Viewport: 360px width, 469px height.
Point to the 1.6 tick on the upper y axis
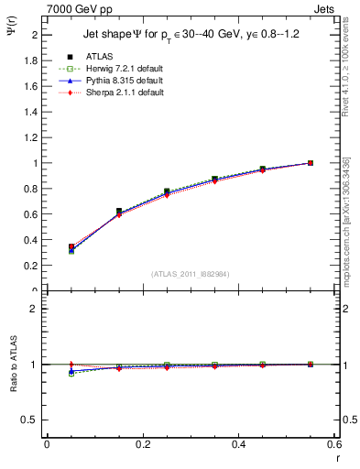(x=32, y=86)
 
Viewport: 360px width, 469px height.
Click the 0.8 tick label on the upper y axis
(x=32, y=189)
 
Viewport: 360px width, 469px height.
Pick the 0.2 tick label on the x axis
(x=142, y=444)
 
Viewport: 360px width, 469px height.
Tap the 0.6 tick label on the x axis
(x=333, y=444)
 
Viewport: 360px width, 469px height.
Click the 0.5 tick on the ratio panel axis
(x=32, y=420)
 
